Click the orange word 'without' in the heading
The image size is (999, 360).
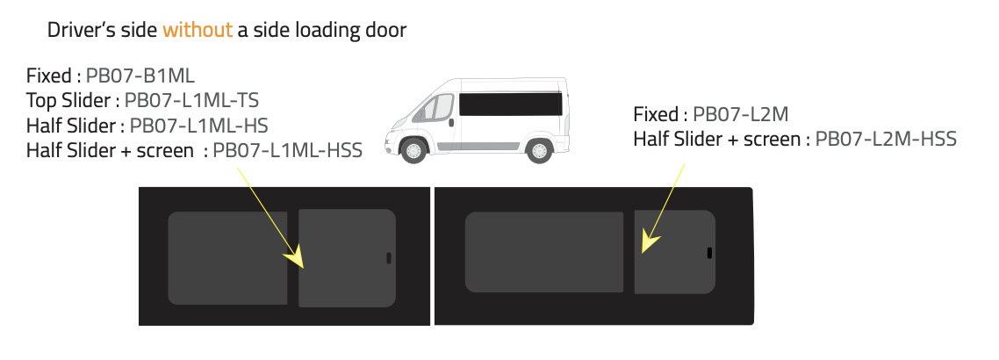click(x=198, y=30)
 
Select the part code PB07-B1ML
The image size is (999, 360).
click(x=140, y=76)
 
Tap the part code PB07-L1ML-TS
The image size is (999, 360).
click(x=191, y=100)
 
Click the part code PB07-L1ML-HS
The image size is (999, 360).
click(x=198, y=125)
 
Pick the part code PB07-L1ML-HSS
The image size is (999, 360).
click(x=287, y=150)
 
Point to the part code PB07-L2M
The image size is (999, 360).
click(x=740, y=115)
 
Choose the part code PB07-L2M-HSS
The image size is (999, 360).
click(x=886, y=139)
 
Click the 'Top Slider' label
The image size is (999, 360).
click(x=68, y=100)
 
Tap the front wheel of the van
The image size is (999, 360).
click(x=413, y=150)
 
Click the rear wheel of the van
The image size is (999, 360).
click(x=539, y=150)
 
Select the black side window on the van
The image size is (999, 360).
click(x=510, y=104)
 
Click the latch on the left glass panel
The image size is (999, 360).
click(x=389, y=258)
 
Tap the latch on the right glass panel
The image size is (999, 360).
click(x=710, y=253)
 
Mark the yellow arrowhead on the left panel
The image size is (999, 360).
click(x=296, y=258)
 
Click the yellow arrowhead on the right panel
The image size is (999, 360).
click(x=649, y=241)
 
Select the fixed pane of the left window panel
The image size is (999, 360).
click(x=227, y=258)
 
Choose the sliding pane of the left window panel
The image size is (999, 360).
click(x=348, y=258)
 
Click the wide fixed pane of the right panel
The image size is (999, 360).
click(x=544, y=252)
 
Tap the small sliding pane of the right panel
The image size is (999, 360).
click(x=675, y=252)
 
